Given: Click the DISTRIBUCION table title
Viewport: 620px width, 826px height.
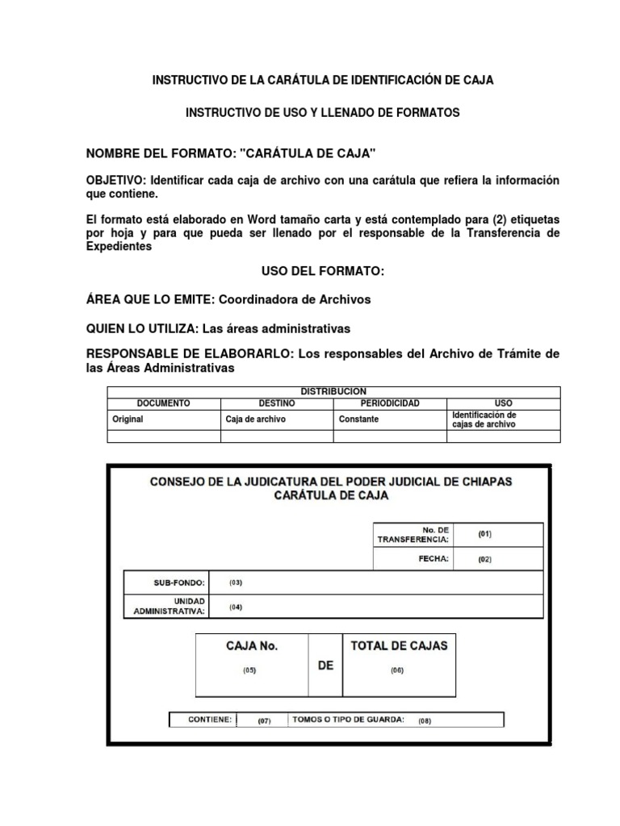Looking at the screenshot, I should pos(333,391).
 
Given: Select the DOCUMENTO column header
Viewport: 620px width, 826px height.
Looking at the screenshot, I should pos(163,403).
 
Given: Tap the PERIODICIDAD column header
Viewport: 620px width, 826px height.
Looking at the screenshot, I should pos(389,403).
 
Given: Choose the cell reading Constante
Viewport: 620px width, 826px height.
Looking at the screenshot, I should pos(359,419).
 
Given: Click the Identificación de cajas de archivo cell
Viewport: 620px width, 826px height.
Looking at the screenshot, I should pos(484,419).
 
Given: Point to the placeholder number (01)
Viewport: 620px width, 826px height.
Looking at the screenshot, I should pos(484,534).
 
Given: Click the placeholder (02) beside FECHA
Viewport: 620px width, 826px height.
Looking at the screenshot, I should pos(484,559).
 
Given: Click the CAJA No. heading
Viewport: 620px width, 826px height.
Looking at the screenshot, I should pos(251,646).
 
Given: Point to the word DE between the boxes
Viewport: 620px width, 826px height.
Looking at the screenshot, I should pos(325,665).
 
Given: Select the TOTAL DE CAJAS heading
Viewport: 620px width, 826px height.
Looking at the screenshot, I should pos(398,645).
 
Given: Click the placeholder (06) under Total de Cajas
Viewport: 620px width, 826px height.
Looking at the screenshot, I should pos(397,670).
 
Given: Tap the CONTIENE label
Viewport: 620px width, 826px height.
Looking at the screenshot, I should pos(209,720).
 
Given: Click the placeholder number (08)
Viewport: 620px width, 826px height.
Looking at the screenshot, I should pos(425,720).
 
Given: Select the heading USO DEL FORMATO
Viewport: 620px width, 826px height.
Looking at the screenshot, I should pos(322,272).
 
